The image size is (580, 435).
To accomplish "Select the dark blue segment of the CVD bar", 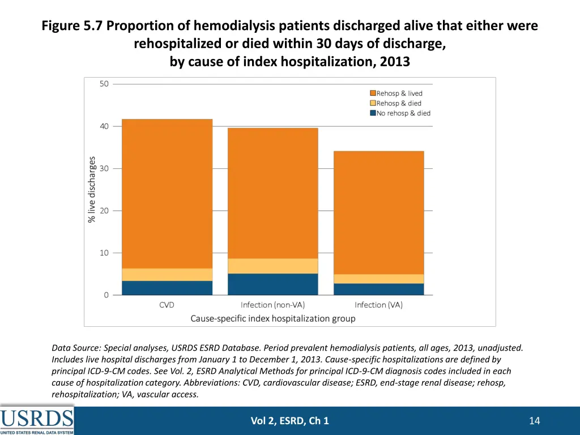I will pyautogui.click(x=167, y=288).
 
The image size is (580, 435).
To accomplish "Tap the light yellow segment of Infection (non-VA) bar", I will pyautogui.click(x=272, y=266).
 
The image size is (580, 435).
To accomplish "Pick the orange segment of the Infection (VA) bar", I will pyautogui.click(x=378, y=212).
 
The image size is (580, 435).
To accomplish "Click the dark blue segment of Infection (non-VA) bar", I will pyautogui.click(x=272, y=284).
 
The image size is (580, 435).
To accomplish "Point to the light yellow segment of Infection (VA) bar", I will pyautogui.click(x=378, y=279).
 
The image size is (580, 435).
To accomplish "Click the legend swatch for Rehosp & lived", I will pyautogui.click(x=373, y=93).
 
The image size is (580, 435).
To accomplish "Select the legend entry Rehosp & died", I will pyautogui.click(x=399, y=103).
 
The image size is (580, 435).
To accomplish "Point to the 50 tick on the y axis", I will pyautogui.click(x=104, y=84).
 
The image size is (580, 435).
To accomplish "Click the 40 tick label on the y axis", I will pyautogui.click(x=104, y=126).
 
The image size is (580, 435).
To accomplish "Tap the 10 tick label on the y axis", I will pyautogui.click(x=104, y=253).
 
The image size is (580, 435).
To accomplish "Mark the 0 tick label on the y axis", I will pyautogui.click(x=106, y=295).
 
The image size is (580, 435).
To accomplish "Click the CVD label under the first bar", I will pyautogui.click(x=167, y=305).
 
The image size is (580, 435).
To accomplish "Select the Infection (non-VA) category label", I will pyautogui.click(x=272, y=305).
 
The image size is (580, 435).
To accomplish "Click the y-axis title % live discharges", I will pyautogui.click(x=92, y=189).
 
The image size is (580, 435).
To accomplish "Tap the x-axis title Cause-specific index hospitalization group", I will pyautogui.click(x=272, y=318).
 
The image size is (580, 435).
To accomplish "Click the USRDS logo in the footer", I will pyautogui.click(x=37, y=420).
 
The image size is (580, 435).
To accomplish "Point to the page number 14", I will pyautogui.click(x=534, y=420).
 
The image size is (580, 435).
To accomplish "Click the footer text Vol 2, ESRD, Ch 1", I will pyautogui.click(x=289, y=420).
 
